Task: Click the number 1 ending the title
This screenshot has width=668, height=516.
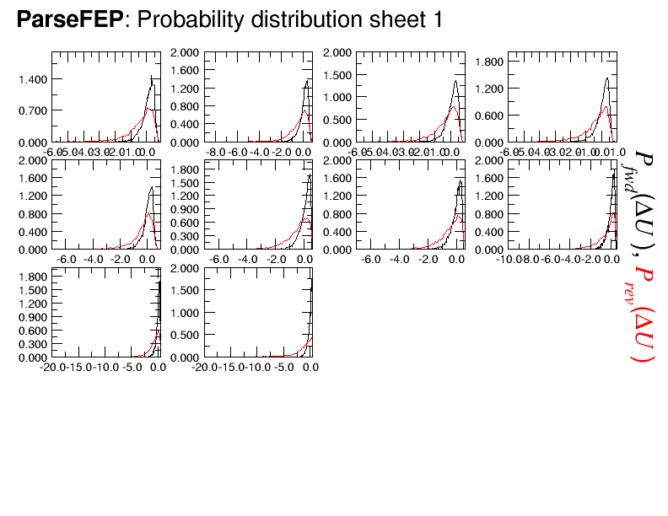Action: (436, 19)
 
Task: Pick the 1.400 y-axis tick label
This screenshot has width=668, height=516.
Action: (34, 79)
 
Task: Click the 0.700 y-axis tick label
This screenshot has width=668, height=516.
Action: (34, 110)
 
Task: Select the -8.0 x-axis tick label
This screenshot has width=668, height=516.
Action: (217, 152)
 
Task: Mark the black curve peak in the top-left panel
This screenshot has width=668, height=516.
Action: (151, 78)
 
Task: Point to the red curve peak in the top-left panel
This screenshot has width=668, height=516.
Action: (149, 108)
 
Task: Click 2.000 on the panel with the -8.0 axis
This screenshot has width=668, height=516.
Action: (186, 52)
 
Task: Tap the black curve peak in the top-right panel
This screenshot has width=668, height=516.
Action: (606, 78)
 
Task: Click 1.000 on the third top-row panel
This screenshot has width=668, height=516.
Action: (337, 97)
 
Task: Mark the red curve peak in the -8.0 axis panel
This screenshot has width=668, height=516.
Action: (304, 110)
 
